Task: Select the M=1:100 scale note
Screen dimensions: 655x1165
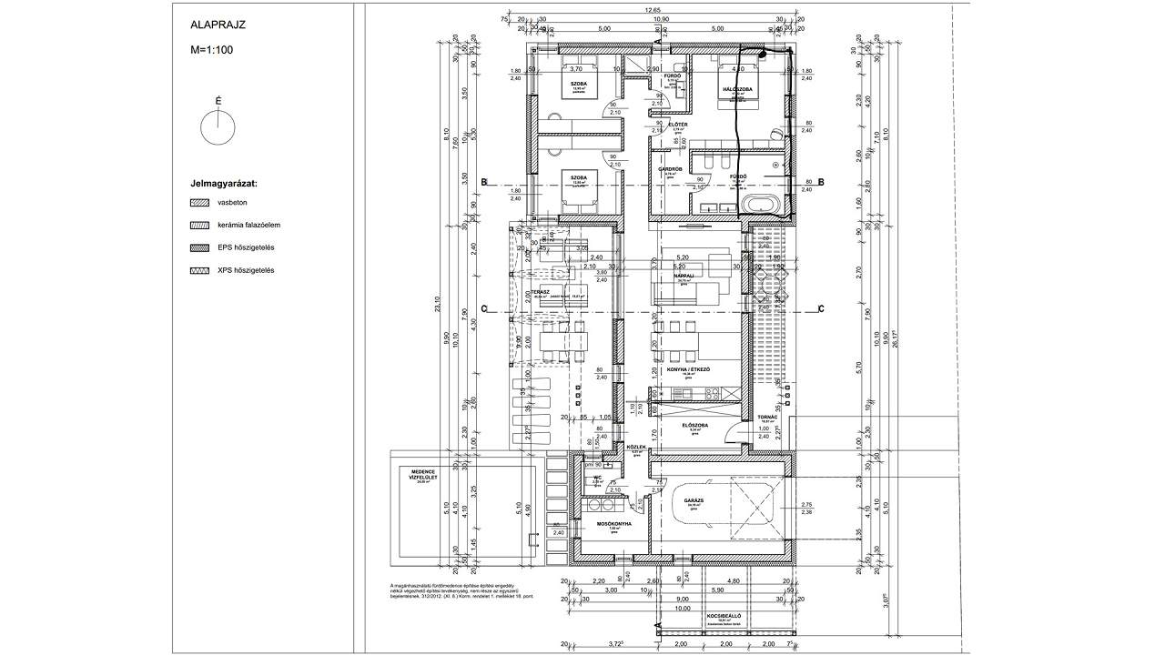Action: [x=213, y=51]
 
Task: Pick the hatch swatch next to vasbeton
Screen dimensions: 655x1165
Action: [x=199, y=203]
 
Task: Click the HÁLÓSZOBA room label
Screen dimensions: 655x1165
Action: [x=735, y=90]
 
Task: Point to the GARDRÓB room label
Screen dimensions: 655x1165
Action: [x=671, y=169]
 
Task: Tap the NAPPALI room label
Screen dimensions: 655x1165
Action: [x=684, y=276]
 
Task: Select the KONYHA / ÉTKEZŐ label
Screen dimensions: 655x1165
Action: [x=688, y=369]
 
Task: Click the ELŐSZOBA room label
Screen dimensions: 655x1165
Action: [x=694, y=425]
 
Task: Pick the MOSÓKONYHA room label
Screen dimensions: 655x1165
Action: [x=614, y=523]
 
